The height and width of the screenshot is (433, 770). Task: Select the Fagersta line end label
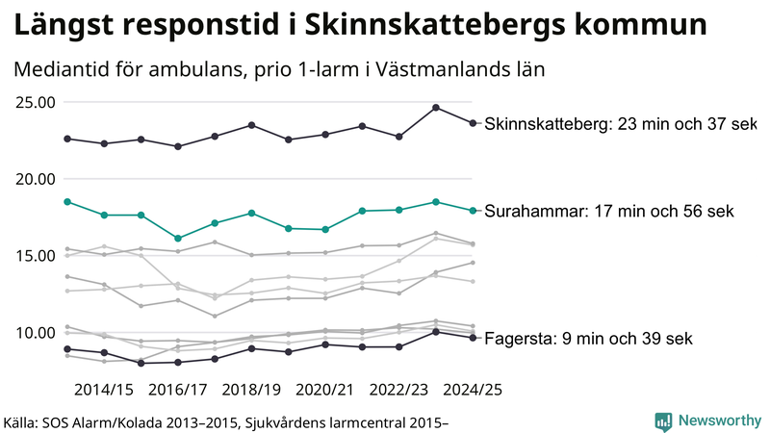click(x=587, y=339)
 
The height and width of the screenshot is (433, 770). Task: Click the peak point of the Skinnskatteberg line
click(x=436, y=108)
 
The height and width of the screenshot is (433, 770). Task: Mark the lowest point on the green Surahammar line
click(x=178, y=238)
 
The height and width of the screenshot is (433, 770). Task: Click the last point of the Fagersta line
click(x=472, y=338)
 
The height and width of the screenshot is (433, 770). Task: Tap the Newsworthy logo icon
click(x=663, y=420)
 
